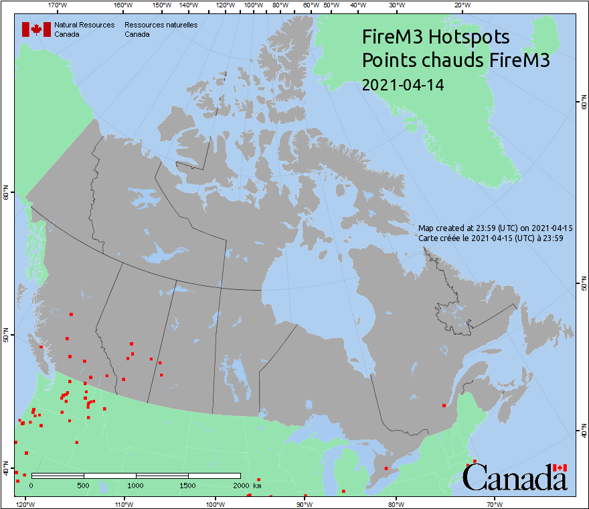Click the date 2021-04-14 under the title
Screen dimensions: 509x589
[x=402, y=85]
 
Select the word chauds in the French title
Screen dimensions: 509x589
[x=452, y=60]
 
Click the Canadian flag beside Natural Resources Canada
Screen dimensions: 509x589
[x=37, y=29]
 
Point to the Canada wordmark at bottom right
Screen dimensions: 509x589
[x=515, y=478]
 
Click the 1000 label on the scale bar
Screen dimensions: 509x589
[x=136, y=485]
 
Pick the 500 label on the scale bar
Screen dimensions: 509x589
[x=84, y=485]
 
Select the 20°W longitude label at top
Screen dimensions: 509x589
[x=461, y=5]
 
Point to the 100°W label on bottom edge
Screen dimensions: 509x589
[x=214, y=504]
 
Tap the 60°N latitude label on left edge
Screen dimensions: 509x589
[x=6, y=194]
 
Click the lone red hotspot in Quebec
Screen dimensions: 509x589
[x=444, y=405]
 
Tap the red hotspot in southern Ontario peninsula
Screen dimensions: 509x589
[x=386, y=468]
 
